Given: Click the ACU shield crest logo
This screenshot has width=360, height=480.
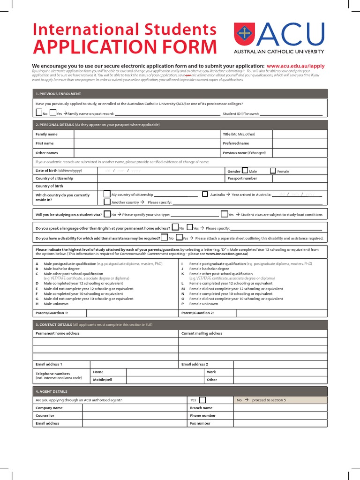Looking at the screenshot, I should [x=245, y=34].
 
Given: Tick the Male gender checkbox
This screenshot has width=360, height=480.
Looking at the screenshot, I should [x=245, y=171].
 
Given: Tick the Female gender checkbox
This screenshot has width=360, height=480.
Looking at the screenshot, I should [x=273, y=171].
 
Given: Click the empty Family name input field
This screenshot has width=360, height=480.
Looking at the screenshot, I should [x=147, y=134].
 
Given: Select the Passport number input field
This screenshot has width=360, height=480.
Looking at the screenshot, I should [x=300, y=179].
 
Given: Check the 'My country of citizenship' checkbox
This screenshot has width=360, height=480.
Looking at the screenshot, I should [x=107, y=194].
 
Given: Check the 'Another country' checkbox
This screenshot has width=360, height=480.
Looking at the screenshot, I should [x=107, y=202].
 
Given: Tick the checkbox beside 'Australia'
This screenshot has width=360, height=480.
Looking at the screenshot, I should [x=205, y=194].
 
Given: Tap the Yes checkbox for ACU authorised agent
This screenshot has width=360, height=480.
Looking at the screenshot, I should [x=202, y=400].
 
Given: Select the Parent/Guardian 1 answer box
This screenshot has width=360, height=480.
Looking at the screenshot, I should [x=132, y=313].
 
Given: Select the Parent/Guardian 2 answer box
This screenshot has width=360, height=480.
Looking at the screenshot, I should [x=282, y=313].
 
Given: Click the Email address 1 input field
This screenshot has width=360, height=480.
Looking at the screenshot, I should [x=134, y=364].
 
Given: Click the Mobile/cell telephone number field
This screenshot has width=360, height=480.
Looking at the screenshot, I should [x=165, y=380].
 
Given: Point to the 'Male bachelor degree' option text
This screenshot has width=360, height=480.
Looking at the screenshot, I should [x=61, y=269].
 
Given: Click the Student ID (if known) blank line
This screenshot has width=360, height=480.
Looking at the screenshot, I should [x=291, y=114].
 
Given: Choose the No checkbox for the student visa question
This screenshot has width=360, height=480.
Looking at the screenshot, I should [x=107, y=214].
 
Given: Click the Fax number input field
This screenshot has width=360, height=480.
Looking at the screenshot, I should [x=280, y=423].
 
